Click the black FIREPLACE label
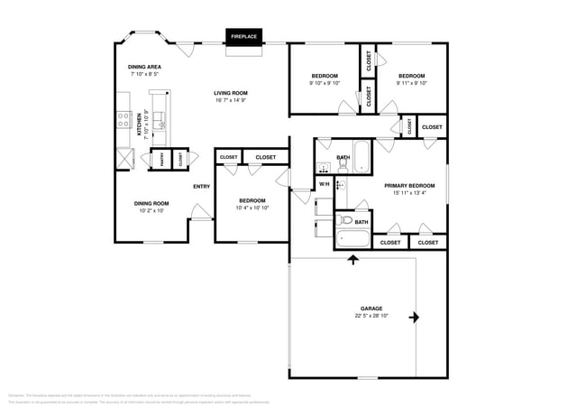243,36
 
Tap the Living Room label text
231,93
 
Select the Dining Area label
144,68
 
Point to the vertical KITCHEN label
140,124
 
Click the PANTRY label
162,159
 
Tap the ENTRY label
202,187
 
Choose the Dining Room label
151,203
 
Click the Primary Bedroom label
416,185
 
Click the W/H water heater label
324,185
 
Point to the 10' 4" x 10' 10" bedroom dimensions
252,207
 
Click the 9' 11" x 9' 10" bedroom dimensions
411,83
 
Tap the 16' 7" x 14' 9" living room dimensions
231,100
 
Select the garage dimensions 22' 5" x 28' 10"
371,316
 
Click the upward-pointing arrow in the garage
353,261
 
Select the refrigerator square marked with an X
124,158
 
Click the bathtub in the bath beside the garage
352,239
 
